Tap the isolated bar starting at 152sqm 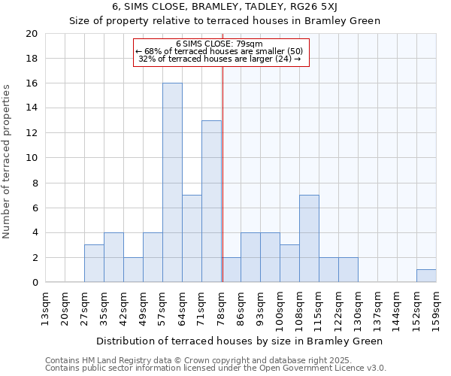tap(426, 276)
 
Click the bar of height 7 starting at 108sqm tap(309, 238)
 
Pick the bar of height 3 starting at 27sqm tap(94, 263)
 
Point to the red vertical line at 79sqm tap(222, 173)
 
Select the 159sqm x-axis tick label tap(437, 308)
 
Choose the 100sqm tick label tap(280, 308)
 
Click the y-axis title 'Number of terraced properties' tap(8, 162)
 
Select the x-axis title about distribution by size tap(241, 341)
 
